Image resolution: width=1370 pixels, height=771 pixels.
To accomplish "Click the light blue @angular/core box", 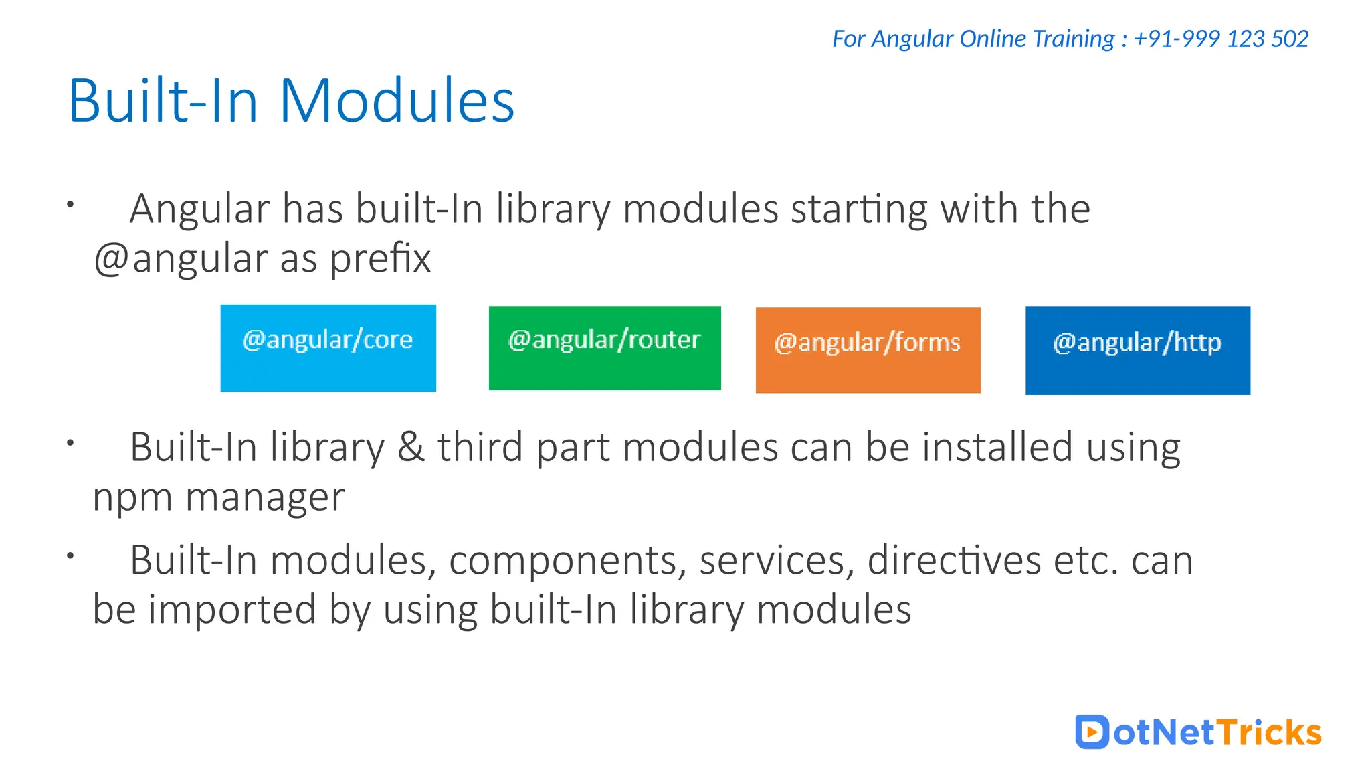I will [328, 347].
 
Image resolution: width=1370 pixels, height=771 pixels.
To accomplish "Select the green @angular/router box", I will [605, 347].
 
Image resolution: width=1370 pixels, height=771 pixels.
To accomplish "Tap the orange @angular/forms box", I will [868, 349].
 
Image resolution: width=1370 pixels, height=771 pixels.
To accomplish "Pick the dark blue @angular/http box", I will [1137, 349].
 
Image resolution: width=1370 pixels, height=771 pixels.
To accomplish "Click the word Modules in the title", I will [397, 101].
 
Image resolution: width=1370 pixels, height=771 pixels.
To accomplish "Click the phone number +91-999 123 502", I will [1221, 39].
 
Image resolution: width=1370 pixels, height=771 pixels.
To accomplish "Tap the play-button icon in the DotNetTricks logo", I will [1092, 732].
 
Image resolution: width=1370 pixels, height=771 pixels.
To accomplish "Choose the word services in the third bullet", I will [777, 560].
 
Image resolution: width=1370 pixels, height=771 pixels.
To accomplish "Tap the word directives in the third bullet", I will [954, 560].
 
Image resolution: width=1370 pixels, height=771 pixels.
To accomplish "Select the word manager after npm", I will [265, 498].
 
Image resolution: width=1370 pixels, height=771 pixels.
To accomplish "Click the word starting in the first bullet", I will [860, 209].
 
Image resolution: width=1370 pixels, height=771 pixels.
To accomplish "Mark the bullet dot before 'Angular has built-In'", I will [70, 204].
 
